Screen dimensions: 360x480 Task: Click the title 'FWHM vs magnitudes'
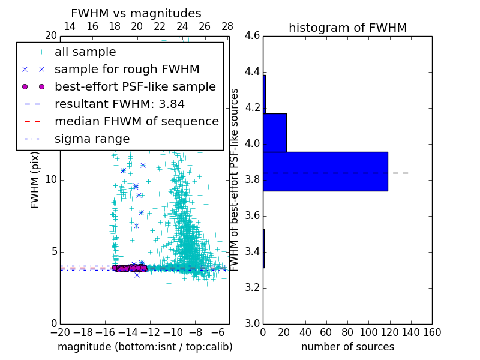(x=136, y=14)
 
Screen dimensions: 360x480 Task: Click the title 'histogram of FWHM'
(x=347, y=28)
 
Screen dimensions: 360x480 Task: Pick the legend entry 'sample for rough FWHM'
(x=127, y=70)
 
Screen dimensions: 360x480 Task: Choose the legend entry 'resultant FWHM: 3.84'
(x=119, y=104)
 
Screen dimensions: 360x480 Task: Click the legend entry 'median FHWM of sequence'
(x=136, y=122)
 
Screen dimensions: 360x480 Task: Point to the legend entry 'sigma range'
(x=92, y=139)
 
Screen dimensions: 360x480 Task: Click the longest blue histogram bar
(x=325, y=172)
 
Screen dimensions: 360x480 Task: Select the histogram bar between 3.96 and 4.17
(x=275, y=133)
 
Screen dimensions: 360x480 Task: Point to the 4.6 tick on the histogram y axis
(x=252, y=36)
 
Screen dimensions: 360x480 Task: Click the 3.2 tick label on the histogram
(x=252, y=287)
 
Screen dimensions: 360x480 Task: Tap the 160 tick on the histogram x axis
(x=431, y=332)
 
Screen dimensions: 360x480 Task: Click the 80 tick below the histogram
(x=347, y=332)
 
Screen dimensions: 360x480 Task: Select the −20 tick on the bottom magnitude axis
(x=60, y=332)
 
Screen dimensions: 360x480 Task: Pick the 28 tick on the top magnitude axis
(x=227, y=27)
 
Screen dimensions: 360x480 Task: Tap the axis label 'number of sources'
(x=347, y=347)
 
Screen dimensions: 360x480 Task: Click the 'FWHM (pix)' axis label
(x=35, y=179)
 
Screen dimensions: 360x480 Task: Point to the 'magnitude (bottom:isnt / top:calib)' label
(x=145, y=347)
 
